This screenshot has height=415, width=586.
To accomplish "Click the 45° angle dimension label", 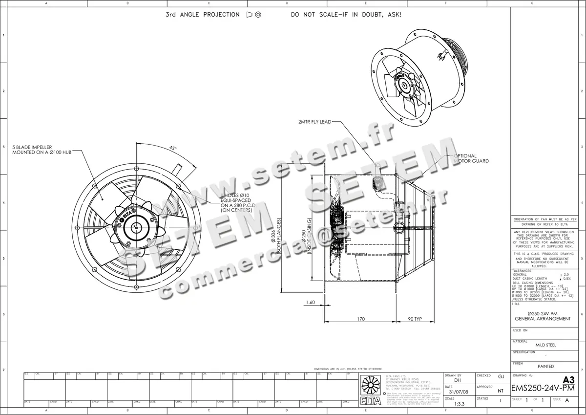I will click(173, 148).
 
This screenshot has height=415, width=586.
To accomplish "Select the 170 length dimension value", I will click(360, 319).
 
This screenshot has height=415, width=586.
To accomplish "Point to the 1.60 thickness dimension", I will click(310, 303).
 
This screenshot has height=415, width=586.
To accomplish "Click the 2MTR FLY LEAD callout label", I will click(314, 121).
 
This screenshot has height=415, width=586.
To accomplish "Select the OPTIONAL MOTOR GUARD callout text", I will click(471, 158).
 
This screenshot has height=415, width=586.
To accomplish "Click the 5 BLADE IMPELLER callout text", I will click(42, 150).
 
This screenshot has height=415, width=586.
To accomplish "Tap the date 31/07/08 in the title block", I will click(458, 392).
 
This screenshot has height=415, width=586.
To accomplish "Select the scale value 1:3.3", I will click(459, 404).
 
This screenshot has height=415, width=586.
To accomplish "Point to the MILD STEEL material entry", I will click(545, 345).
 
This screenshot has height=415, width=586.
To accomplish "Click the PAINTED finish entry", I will click(545, 366).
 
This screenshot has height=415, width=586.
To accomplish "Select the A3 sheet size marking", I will click(568, 379).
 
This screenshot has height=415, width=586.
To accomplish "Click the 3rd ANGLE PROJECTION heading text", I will click(203, 15).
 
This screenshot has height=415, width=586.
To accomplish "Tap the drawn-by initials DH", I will click(458, 380).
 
